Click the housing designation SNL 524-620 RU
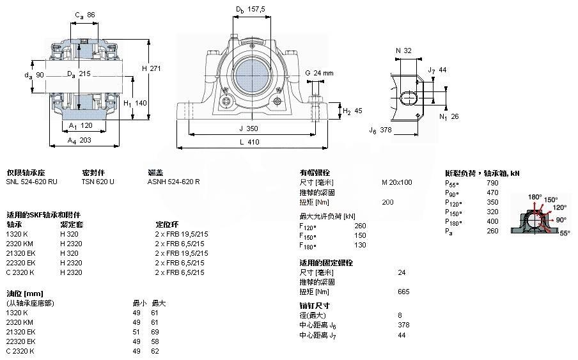click(31, 182)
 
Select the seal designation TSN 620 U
click(98, 182)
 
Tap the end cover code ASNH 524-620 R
click(173, 182)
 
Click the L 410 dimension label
click(253, 142)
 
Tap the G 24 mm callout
click(319, 73)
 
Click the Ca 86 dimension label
click(85, 15)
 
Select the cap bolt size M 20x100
click(396, 182)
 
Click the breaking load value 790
click(493, 183)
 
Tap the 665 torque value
click(403, 292)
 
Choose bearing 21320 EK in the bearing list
click(20, 253)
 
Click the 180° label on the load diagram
click(535, 196)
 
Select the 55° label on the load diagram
click(565, 234)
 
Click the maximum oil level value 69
click(154, 332)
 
